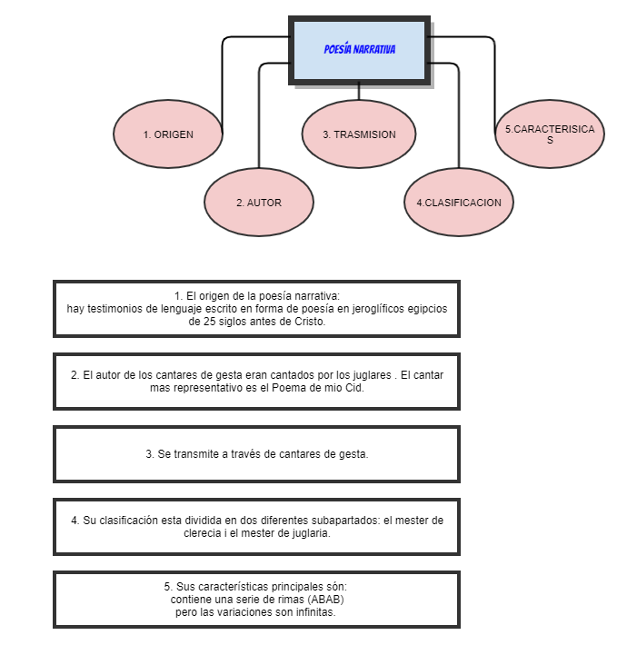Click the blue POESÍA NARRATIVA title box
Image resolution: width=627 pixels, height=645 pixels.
coord(360,49)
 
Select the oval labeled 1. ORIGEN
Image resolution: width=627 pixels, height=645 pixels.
coord(168,134)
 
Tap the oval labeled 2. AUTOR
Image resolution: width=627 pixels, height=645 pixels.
coord(259,203)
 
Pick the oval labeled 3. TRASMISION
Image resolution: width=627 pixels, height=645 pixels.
coord(359,134)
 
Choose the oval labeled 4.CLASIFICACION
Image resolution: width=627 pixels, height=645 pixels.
coord(459,203)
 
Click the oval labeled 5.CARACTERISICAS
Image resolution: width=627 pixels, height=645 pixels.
coord(550,134)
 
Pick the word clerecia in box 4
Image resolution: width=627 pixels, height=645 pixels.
coord(205,533)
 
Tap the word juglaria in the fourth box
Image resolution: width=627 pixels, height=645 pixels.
coord(306,533)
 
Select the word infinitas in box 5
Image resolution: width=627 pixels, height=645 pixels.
coord(313,612)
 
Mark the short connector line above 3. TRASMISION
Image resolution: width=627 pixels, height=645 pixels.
coord(359,91)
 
